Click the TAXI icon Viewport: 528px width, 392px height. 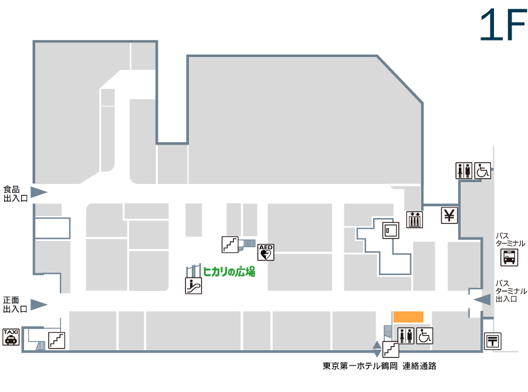pyautogui.click(x=11, y=337)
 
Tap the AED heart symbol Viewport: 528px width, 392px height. pyautogui.click(x=266, y=252)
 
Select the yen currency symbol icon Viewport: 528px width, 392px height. pyautogui.click(x=449, y=215)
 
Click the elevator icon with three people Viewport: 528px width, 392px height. pyautogui.click(x=415, y=220)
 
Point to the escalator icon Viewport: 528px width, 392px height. pyautogui.click(x=193, y=286)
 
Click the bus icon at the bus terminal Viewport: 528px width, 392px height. pyautogui.click(x=509, y=257)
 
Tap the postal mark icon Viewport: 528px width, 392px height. pyautogui.click(x=493, y=341)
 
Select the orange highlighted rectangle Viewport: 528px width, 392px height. pyautogui.click(x=408, y=317)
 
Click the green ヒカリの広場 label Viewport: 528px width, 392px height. pyautogui.click(x=229, y=272)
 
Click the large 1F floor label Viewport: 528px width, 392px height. pyautogui.click(x=503, y=25)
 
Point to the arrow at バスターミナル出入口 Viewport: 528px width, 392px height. pyautogui.click(x=482, y=299)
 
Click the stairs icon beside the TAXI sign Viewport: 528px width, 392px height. pyautogui.click(x=56, y=340)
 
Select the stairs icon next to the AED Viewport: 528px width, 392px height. pyautogui.click(x=230, y=244)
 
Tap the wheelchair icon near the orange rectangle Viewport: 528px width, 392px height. pyautogui.click(x=424, y=336)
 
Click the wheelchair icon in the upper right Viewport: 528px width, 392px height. pyautogui.click(x=483, y=170)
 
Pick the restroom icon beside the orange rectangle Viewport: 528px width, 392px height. pyautogui.click(x=406, y=336)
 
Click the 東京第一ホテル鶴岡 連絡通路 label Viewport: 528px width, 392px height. pyautogui.click(x=380, y=366)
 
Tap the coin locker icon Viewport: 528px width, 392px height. pyautogui.click(x=391, y=230)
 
